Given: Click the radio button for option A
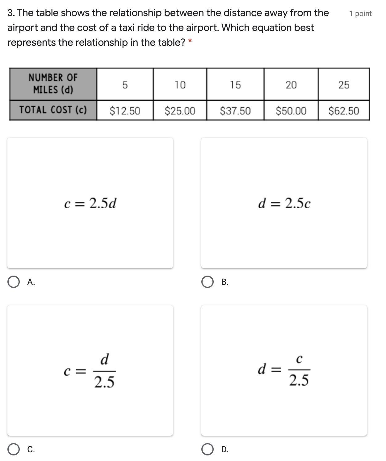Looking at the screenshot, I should tap(14, 282).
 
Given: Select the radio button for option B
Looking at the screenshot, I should tap(208, 282).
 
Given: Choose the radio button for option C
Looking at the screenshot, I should tap(14, 450).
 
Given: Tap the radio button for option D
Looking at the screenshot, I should tap(208, 450).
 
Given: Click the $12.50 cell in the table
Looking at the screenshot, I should tap(125, 111).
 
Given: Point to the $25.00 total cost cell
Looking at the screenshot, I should tap(180, 111).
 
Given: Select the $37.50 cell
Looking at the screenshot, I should tap(235, 111).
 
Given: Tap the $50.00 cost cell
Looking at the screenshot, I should tap(291, 111).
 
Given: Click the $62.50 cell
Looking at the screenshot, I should tap(344, 111).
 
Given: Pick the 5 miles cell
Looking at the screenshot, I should tap(125, 85).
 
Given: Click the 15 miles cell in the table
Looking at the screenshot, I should tap(235, 85).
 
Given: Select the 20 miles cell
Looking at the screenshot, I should tap(291, 85).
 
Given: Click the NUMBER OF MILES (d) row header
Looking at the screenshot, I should tap(53, 84).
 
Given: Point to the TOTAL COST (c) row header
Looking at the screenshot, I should tap(53, 110).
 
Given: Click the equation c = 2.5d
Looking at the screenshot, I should tap(90, 203).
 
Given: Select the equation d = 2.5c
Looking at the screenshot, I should tap(284, 203).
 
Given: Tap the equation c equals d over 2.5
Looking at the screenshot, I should tap(90, 371).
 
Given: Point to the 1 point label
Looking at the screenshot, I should tap(360, 14).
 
